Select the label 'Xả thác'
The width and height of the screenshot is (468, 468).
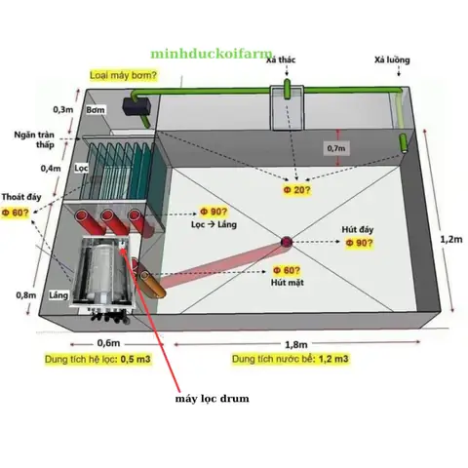point(284,60)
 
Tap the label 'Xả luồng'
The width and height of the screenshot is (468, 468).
point(392,60)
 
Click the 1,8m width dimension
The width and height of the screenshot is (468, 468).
point(297,344)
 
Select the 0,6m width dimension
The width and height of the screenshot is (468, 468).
point(108,343)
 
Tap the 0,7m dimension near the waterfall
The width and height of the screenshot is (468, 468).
point(337,147)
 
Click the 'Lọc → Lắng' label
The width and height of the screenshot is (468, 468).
point(214,224)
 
